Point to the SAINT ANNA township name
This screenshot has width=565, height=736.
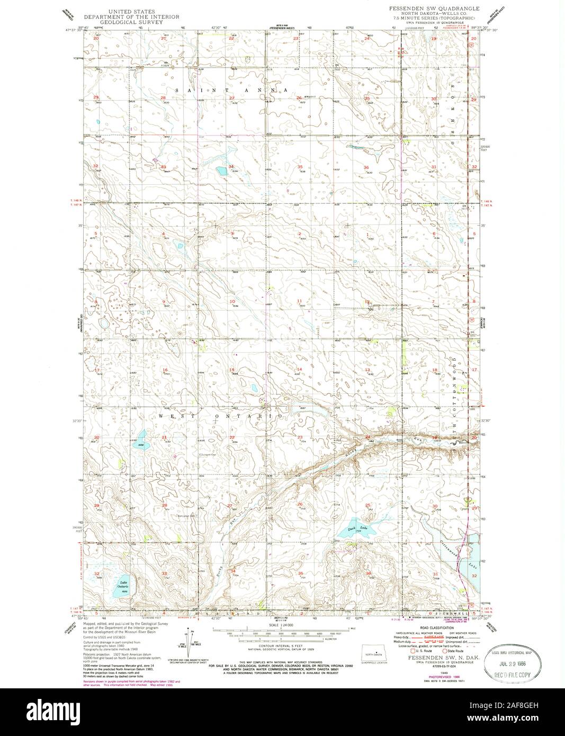pos(229,91)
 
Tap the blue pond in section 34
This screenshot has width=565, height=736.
pos(220,170)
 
